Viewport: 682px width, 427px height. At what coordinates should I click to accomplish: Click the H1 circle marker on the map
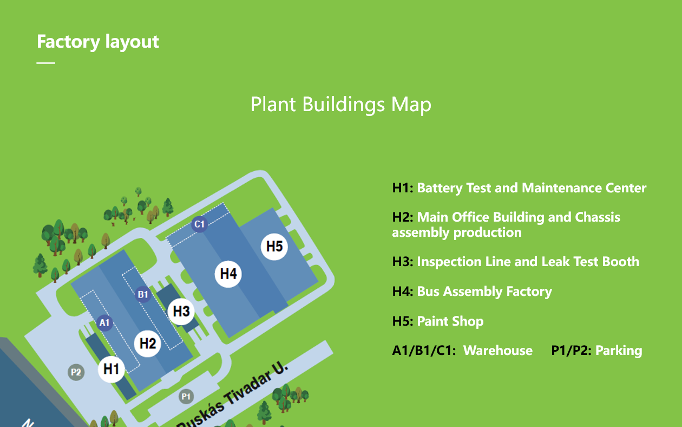click(x=111, y=369)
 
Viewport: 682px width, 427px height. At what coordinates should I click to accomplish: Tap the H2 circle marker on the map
click(x=147, y=344)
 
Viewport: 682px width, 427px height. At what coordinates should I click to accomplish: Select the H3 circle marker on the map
click(x=181, y=311)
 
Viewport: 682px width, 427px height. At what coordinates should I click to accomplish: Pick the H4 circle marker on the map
click(x=228, y=274)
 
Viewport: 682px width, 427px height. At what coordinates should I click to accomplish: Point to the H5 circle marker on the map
click(x=274, y=246)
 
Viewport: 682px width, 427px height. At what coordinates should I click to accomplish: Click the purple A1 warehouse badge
click(x=104, y=322)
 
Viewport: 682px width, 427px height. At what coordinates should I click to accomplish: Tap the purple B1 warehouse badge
click(x=143, y=294)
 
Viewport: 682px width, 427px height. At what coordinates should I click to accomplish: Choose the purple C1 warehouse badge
click(x=199, y=224)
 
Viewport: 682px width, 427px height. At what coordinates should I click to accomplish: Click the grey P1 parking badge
click(x=186, y=397)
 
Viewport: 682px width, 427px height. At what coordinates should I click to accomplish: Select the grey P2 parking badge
click(x=76, y=372)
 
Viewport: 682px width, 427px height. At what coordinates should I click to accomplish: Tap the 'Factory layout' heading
click(x=98, y=42)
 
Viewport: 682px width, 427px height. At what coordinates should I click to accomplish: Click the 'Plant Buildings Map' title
click(x=340, y=105)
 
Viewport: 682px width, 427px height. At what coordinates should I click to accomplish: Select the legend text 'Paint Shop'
click(x=450, y=321)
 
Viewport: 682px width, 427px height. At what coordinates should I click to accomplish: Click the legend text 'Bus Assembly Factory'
click(x=484, y=292)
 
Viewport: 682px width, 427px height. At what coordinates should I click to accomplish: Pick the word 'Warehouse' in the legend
click(x=498, y=351)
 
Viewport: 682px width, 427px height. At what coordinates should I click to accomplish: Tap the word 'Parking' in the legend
click(x=619, y=351)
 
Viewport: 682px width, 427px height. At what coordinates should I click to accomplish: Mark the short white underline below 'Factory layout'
click(x=45, y=63)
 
